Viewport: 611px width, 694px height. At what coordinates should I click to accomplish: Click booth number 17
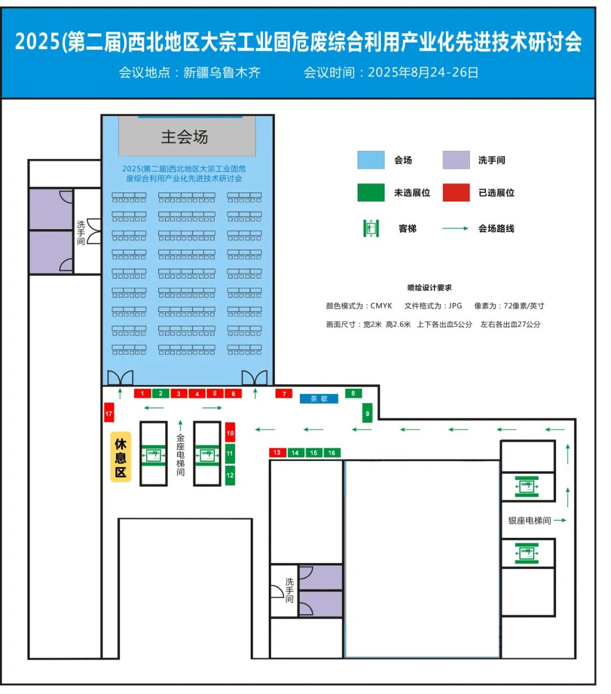pyautogui.click(x=109, y=413)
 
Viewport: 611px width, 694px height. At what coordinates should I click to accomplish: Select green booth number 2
pyautogui.click(x=161, y=393)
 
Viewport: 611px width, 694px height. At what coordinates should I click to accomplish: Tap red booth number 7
pyautogui.click(x=284, y=393)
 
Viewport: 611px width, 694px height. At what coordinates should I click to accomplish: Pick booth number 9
pyautogui.click(x=367, y=413)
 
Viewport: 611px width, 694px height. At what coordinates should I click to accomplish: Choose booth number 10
pyautogui.click(x=230, y=432)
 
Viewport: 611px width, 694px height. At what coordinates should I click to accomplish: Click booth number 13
pyautogui.click(x=277, y=452)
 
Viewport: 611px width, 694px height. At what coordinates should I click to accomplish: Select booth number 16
pyautogui.click(x=332, y=452)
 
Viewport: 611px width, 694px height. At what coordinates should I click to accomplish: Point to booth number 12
pyautogui.click(x=230, y=475)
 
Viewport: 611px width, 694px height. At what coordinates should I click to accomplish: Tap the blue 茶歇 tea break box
pyautogui.click(x=319, y=399)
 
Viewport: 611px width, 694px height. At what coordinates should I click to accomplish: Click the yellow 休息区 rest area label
pyautogui.click(x=121, y=457)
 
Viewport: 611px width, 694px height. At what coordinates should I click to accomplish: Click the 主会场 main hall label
pyautogui.click(x=184, y=137)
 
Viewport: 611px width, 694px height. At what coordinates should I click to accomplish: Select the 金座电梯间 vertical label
pyautogui.click(x=180, y=455)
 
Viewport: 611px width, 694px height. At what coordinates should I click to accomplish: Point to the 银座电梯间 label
pyautogui.click(x=530, y=521)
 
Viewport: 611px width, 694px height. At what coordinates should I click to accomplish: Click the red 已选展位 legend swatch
pyautogui.click(x=456, y=192)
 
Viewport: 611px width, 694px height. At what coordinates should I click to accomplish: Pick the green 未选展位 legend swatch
pyautogui.click(x=371, y=192)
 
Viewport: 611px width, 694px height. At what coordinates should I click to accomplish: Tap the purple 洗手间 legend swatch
pyautogui.click(x=456, y=160)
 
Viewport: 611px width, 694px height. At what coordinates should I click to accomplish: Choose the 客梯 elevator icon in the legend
pyautogui.click(x=371, y=228)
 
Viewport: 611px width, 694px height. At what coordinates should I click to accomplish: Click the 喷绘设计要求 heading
pyautogui.click(x=429, y=288)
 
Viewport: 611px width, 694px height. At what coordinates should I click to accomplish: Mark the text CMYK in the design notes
pyautogui.click(x=381, y=306)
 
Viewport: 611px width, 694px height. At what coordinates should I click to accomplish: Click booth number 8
pyautogui.click(x=353, y=393)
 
